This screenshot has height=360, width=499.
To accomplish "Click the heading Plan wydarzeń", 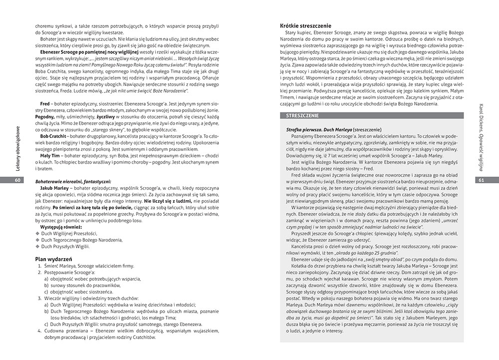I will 55,259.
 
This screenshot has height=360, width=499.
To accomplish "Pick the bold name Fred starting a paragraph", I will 45,103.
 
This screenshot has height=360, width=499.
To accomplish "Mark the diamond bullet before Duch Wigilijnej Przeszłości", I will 37,233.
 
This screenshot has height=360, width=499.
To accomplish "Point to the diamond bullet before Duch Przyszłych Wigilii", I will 37,246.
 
